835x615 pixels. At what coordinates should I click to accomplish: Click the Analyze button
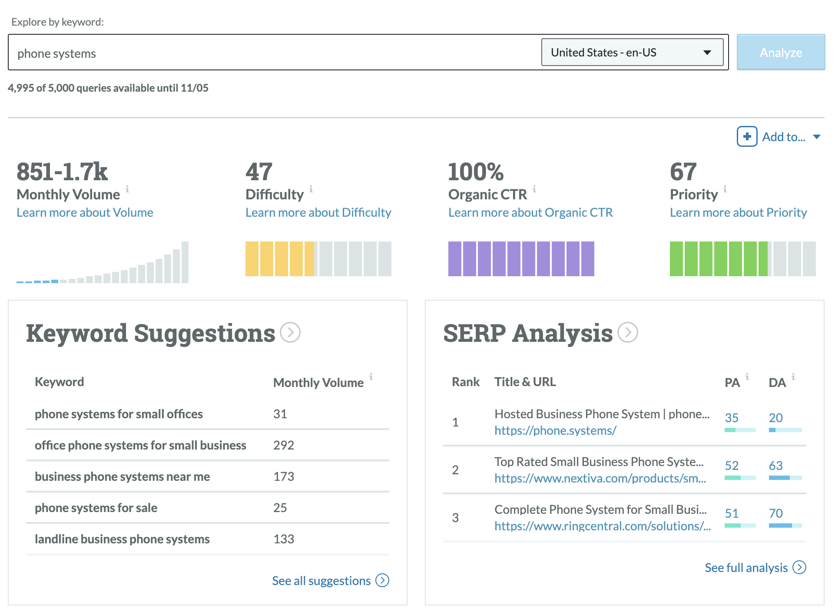(780, 53)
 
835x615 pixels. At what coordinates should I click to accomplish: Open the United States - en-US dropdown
(632, 53)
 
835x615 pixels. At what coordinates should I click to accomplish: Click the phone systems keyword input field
(274, 53)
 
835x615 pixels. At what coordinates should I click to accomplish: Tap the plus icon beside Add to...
(747, 137)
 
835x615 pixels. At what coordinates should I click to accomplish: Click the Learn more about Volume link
(85, 212)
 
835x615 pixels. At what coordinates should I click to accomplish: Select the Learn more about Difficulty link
(318, 212)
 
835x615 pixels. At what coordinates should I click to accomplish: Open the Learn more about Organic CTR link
(530, 212)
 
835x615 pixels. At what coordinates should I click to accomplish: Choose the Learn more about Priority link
(738, 212)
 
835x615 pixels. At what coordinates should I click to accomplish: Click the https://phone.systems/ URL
(555, 430)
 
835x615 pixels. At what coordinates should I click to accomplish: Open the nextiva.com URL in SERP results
(600, 478)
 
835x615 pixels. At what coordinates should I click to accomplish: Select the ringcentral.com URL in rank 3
(602, 526)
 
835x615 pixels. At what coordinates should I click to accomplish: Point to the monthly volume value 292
(284, 445)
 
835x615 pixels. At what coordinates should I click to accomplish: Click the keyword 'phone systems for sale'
(96, 508)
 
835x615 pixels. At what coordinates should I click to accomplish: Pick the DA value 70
(775, 513)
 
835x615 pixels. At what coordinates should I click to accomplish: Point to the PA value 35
(732, 418)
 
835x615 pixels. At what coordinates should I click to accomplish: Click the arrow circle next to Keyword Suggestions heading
(290, 333)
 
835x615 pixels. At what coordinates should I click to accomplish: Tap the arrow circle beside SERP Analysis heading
(628, 333)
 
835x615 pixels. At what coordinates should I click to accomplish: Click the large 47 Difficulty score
(259, 172)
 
